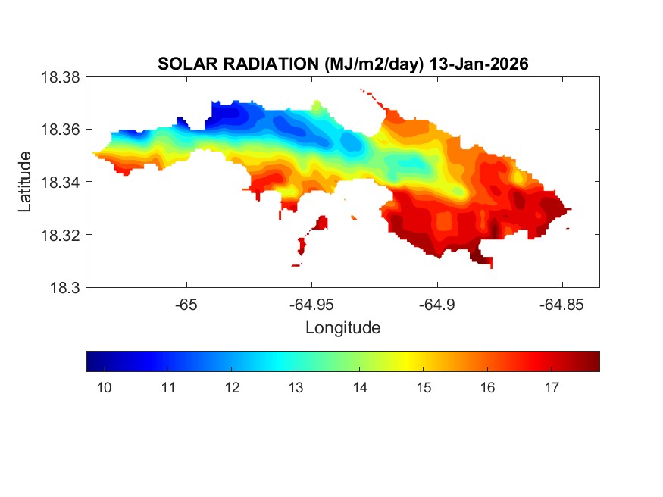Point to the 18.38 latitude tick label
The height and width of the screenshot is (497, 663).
pyautogui.click(x=60, y=77)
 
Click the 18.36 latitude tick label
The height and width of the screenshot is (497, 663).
pyautogui.click(x=60, y=130)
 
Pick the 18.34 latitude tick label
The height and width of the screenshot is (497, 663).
pyautogui.click(x=60, y=182)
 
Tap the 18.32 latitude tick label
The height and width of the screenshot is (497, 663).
pyautogui.click(x=60, y=235)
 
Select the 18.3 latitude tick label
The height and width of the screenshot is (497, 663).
pyautogui.click(x=64, y=287)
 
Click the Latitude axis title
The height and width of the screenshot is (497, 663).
pyautogui.click(x=26, y=182)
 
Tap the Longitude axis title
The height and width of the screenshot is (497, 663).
pyautogui.click(x=342, y=328)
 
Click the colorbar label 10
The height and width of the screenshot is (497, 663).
pyautogui.click(x=105, y=388)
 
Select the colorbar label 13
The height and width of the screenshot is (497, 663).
pyautogui.click(x=296, y=388)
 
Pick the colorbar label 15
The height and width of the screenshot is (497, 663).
pyautogui.click(x=424, y=388)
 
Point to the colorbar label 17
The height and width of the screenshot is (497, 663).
pyautogui.click(x=552, y=388)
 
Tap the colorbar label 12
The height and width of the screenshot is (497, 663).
pyautogui.click(x=233, y=388)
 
